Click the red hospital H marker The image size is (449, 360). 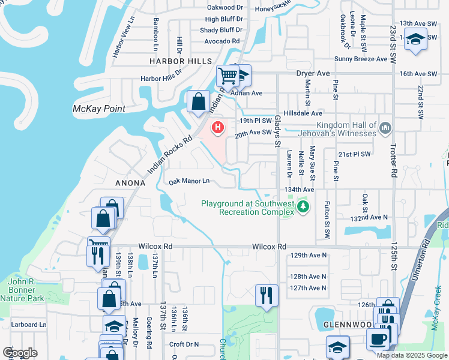[218, 128]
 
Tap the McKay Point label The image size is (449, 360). [98, 109]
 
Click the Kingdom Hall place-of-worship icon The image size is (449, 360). [385, 127]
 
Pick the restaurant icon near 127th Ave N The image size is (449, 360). [267, 295]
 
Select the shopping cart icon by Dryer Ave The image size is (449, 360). [228, 76]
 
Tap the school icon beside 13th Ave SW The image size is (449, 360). [415, 39]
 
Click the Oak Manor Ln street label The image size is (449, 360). [189, 181]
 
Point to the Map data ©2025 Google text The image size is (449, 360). [411, 355]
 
